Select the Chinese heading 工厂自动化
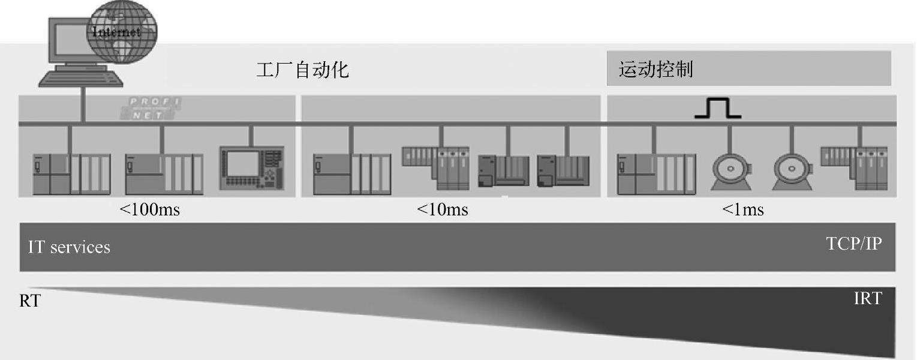click(302, 70)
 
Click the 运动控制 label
click(656, 70)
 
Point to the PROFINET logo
click(154, 108)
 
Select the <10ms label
click(442, 210)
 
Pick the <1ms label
click(742, 210)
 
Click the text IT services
click(69, 247)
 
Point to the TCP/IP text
click(853, 244)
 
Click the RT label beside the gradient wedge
click(29, 301)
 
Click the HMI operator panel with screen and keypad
click(251, 170)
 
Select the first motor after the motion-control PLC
click(730, 172)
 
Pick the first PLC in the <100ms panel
click(71, 174)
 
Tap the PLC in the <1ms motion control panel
click(656, 174)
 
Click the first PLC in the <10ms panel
click(351, 174)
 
